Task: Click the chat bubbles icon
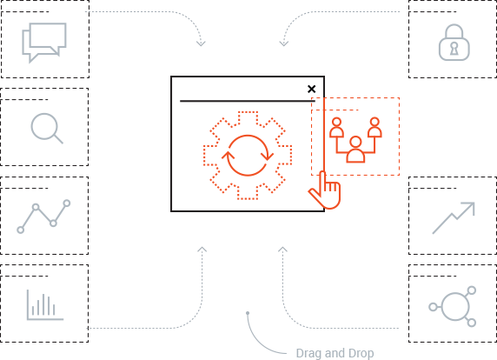44,43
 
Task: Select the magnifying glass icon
47,128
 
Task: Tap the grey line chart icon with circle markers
43,217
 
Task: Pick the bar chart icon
45,305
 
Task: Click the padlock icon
454,43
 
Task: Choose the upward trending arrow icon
454,218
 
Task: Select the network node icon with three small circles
453,306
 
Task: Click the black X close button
312,89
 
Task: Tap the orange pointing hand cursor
325,190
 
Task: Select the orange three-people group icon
355,140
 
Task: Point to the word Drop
361,353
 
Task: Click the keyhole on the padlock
454,49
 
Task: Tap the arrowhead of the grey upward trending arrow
469,208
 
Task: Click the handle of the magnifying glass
58,139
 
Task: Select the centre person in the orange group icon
355,150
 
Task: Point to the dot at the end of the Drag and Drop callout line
248,313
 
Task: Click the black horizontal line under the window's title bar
248,101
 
